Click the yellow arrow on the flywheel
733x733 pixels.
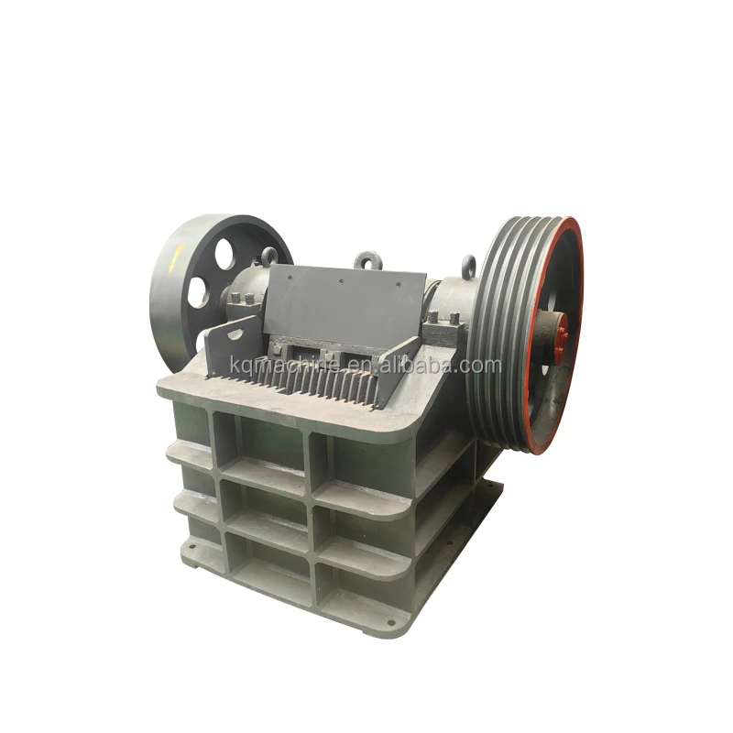[178, 257]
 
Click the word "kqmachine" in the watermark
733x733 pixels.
[285, 364]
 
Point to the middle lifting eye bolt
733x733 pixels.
[368, 260]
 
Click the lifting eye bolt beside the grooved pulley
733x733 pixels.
[468, 267]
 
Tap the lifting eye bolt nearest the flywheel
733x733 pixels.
[269, 257]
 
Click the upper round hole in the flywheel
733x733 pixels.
[224, 254]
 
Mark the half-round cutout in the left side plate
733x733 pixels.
[235, 334]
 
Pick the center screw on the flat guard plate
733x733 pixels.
[341, 282]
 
